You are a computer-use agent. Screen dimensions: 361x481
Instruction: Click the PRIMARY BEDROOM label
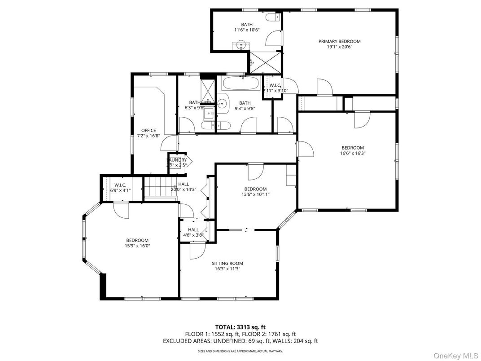339,41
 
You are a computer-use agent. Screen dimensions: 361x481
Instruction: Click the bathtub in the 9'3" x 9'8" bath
241,84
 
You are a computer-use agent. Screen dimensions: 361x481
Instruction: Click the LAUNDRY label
177,160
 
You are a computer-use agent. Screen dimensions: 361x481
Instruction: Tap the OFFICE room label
149,131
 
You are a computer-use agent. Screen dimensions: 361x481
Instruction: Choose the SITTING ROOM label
227,264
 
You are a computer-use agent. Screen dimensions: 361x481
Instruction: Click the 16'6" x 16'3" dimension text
352,153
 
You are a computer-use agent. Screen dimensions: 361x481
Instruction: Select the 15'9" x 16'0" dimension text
137,246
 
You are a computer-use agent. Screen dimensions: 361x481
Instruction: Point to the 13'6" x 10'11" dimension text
255,194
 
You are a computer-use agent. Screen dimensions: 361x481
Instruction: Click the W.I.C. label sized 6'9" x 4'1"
120,185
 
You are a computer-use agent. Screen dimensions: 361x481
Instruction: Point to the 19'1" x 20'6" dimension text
339,47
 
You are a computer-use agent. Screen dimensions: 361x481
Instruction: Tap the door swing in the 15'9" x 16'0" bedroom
121,210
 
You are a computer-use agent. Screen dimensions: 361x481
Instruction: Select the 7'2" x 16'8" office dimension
149,136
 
